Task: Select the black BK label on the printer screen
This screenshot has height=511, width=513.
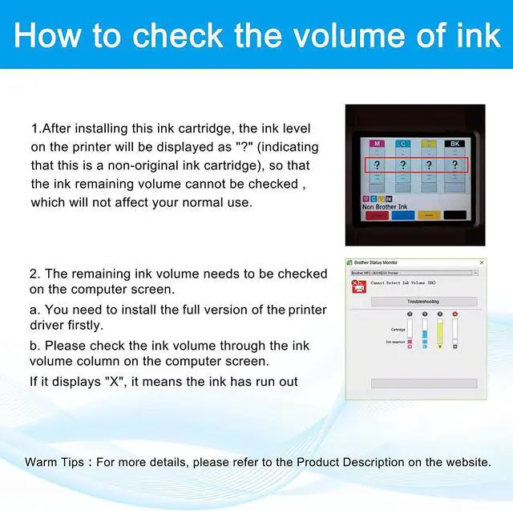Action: click(455, 144)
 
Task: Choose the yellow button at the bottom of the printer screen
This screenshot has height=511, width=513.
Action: click(430, 215)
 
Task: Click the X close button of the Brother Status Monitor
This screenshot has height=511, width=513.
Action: click(482, 262)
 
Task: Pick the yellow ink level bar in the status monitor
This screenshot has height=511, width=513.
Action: click(439, 331)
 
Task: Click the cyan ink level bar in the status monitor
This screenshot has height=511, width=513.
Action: click(424, 331)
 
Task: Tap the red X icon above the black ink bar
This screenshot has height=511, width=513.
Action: click(454, 314)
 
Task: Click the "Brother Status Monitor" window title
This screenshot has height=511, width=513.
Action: click(375, 262)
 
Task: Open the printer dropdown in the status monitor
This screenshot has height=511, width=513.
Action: click(475, 273)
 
